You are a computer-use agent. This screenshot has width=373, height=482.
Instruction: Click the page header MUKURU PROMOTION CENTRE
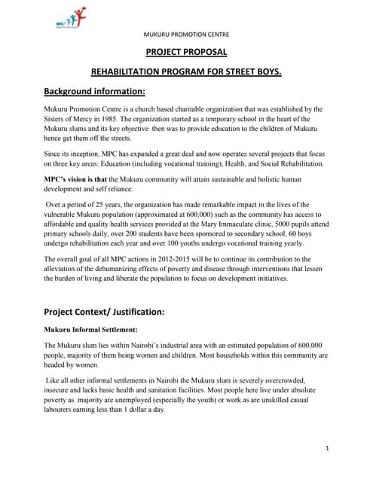pos(186,35)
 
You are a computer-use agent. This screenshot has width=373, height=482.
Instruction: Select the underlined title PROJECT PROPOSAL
pos(186,52)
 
